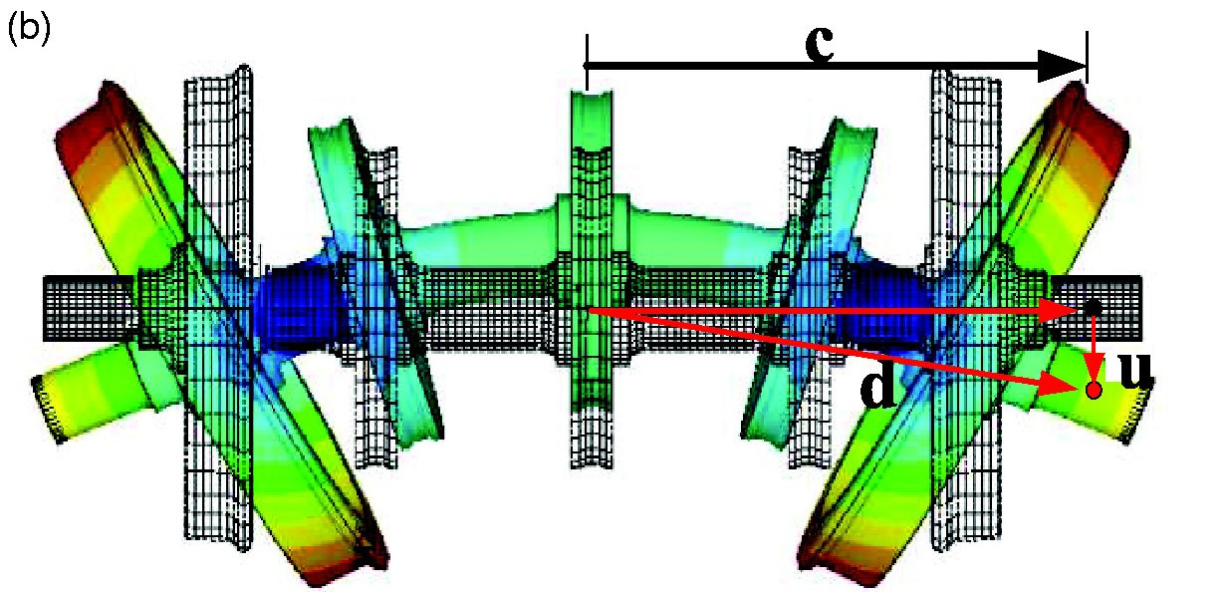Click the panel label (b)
pyautogui.click(x=29, y=29)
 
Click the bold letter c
pyautogui.click(x=820, y=43)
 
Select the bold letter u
pyautogui.click(x=1133, y=370)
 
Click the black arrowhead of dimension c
pyautogui.click(x=1063, y=67)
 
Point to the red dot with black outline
pyautogui.click(x=1094, y=390)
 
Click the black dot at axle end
pyautogui.click(x=1094, y=307)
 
